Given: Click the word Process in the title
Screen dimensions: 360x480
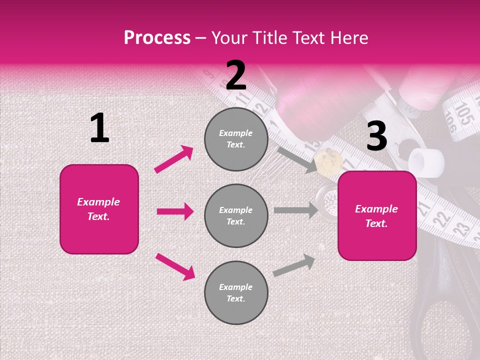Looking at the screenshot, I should tap(157, 38).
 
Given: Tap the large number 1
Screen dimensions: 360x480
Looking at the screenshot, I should tap(99, 128).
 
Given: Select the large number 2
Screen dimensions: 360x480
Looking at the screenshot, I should tap(236, 76).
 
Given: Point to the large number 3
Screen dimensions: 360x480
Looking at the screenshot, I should tap(376, 136).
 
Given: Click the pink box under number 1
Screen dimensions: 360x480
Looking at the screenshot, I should tap(99, 209).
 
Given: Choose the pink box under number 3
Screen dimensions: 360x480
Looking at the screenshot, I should tap(377, 216).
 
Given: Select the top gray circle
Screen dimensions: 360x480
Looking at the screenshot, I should tap(236, 139).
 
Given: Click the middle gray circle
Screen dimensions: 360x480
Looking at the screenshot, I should tap(236, 216).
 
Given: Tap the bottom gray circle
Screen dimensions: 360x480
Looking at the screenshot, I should tap(236, 293).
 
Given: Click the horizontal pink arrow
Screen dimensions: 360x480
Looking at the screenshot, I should tap(175, 211).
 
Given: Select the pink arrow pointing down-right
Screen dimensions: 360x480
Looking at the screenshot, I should tap(175, 266).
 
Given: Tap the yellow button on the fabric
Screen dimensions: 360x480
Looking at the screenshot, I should tap(329, 161).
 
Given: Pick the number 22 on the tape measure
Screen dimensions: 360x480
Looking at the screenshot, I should tap(440, 218).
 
